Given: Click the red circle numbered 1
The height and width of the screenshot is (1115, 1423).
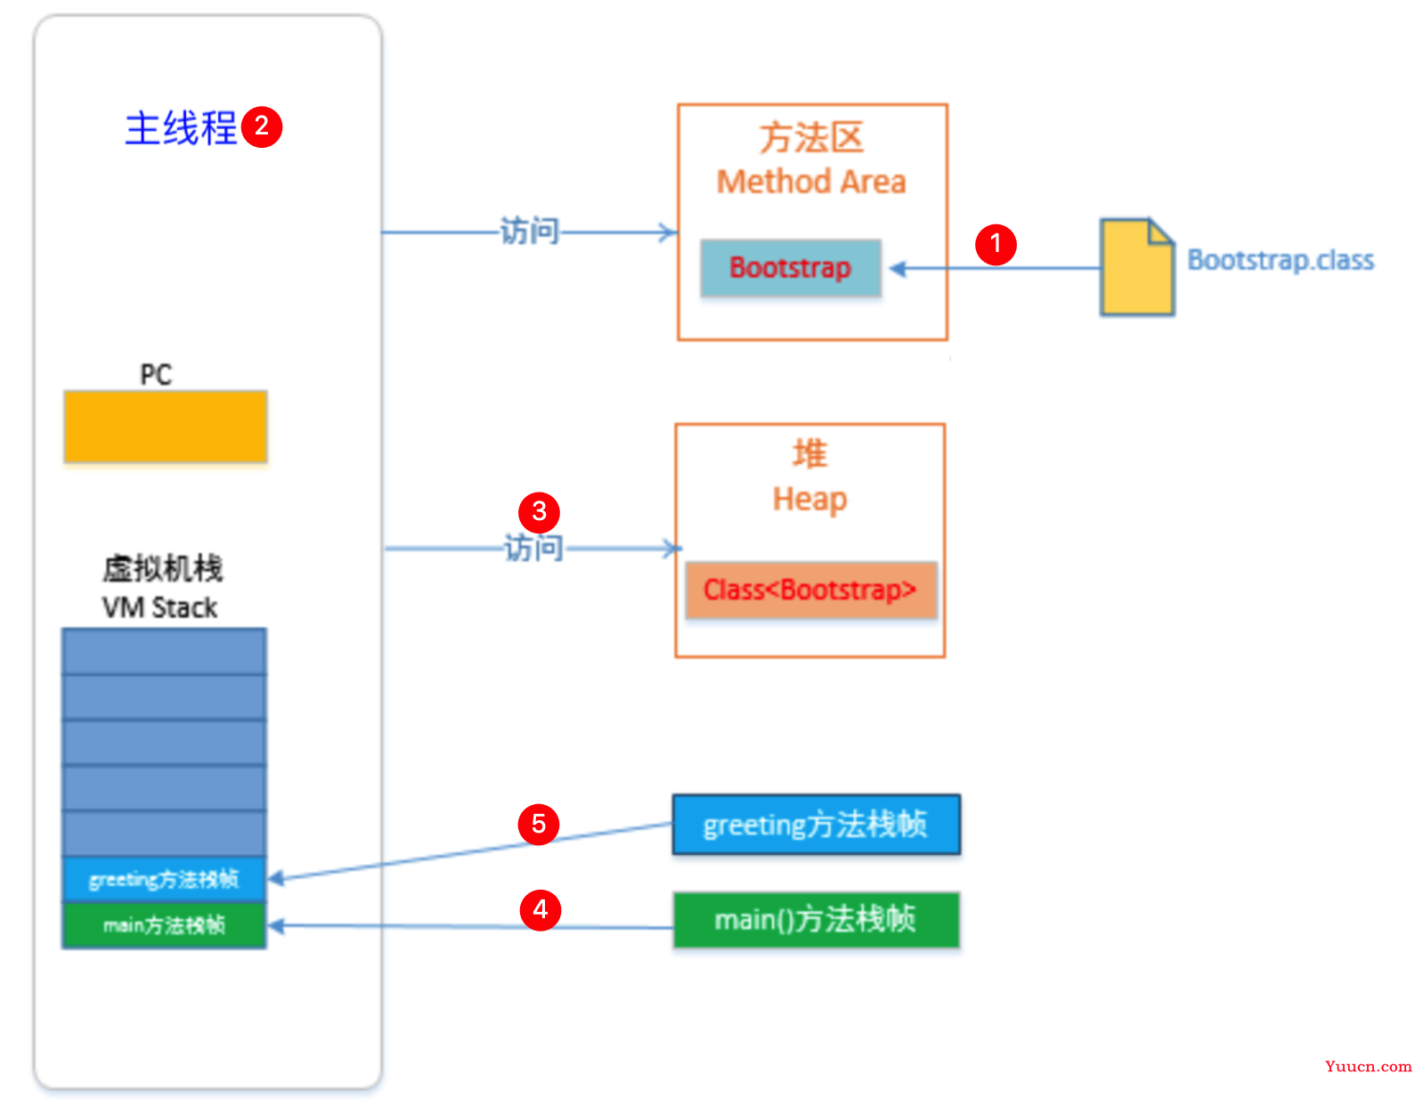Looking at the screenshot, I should (996, 244).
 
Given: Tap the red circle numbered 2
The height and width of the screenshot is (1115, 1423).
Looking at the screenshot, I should (262, 126).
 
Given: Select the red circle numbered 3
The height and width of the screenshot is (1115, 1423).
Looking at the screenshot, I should (539, 512).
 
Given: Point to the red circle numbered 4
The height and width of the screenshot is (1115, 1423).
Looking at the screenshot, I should (540, 909).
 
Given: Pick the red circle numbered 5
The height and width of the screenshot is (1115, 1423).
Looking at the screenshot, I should (539, 824).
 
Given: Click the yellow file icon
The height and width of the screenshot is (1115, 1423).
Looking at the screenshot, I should (1137, 267).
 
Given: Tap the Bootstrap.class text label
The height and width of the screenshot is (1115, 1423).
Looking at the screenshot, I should (1280, 260).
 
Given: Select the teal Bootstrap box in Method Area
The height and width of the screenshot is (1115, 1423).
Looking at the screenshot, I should (791, 267).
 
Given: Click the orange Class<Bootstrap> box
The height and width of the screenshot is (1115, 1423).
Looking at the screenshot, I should (810, 590).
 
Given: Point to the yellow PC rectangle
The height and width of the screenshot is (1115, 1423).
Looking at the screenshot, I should (166, 427).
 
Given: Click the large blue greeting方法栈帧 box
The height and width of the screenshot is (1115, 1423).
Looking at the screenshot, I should (816, 825).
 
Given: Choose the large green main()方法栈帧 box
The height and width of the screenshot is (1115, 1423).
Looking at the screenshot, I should (816, 919).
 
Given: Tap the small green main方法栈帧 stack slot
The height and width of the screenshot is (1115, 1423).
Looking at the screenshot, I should (164, 925).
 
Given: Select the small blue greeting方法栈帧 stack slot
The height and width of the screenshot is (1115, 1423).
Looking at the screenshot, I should (164, 879).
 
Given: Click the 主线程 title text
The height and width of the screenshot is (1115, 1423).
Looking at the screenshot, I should (181, 128).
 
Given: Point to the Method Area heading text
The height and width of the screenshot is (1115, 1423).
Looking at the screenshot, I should (811, 182).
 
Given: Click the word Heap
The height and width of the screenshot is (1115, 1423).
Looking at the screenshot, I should (809, 500).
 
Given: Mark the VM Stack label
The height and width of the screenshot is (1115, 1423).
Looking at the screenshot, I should (160, 607).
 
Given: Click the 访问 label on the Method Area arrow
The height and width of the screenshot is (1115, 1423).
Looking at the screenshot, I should (529, 232).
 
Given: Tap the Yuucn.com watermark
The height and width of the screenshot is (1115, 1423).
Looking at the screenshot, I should (1368, 1066).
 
